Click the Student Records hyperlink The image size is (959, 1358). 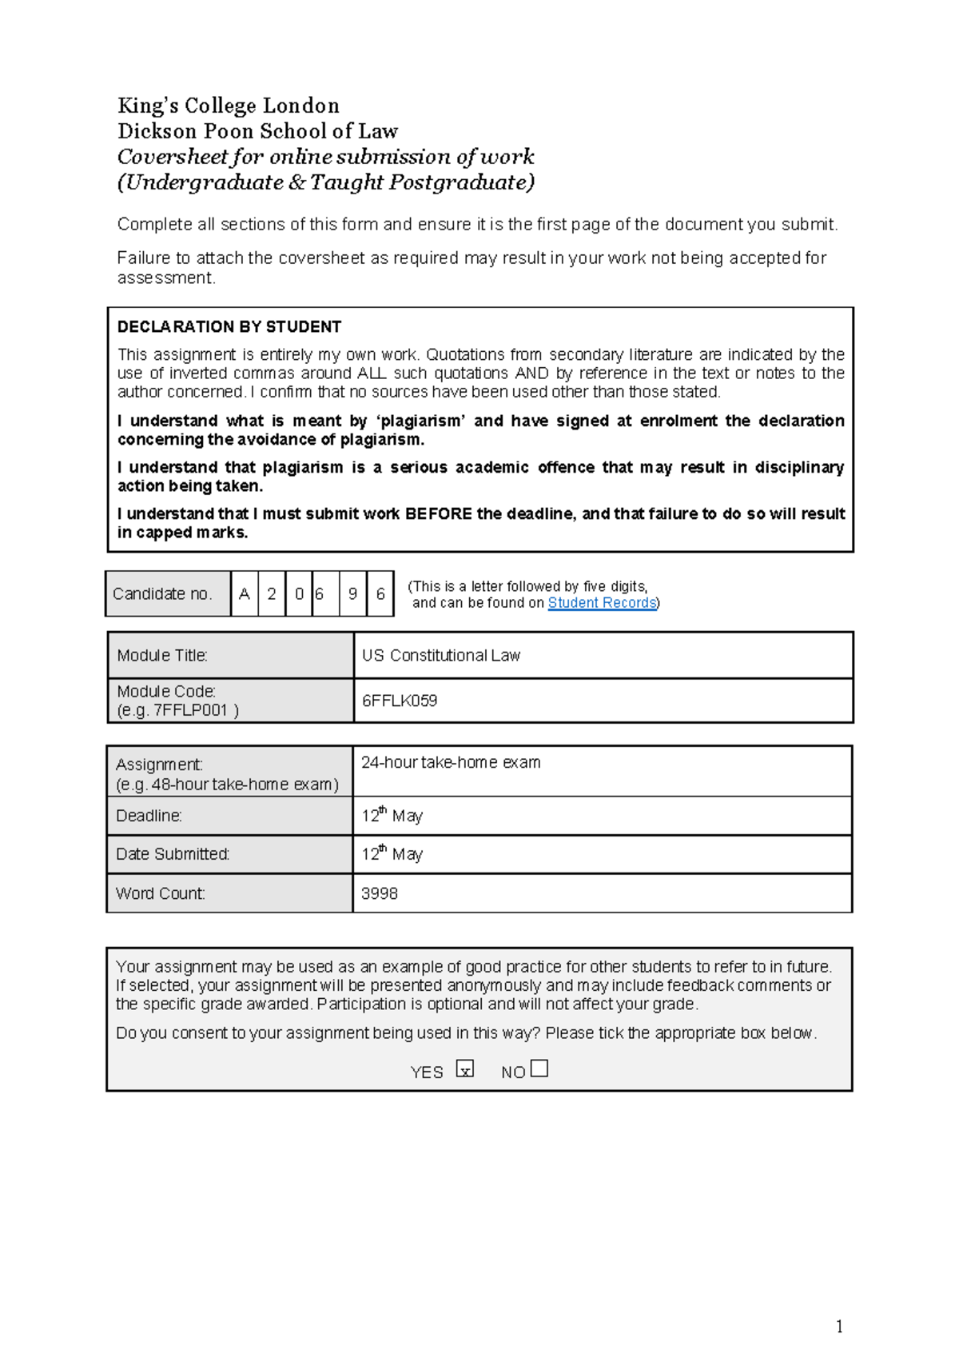602,603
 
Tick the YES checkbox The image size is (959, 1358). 465,1069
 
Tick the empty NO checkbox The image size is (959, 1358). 539,1068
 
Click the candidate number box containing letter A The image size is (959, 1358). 245,594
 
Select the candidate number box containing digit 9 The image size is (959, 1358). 352,594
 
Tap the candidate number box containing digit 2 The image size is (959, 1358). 272,594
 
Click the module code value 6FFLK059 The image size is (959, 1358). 400,701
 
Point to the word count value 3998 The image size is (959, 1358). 380,893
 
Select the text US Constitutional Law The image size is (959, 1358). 441,656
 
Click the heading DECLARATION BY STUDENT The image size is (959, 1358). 229,326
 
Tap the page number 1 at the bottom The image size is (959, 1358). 839,1327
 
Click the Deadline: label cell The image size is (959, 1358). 149,816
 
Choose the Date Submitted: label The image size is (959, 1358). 173,854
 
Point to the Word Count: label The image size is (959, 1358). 160,893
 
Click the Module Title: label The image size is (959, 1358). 162,656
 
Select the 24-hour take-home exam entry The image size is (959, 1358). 451,763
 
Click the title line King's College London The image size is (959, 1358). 229,106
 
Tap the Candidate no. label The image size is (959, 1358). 162,594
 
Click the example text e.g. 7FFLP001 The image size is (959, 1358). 177,710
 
